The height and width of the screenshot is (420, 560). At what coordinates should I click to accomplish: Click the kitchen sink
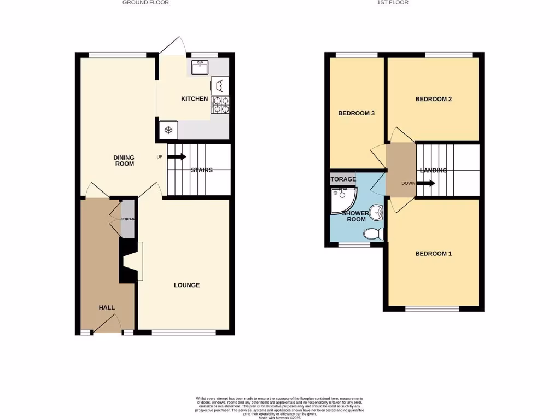tap(199, 67)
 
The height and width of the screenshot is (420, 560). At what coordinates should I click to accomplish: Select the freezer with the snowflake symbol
tap(168, 130)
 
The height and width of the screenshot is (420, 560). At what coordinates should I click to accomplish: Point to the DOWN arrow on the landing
tap(425, 183)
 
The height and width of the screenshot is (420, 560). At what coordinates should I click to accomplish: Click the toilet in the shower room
tap(374, 234)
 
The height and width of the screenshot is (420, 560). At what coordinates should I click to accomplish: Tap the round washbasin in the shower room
tap(376, 211)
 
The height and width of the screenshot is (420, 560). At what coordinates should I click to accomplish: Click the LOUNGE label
tap(186, 285)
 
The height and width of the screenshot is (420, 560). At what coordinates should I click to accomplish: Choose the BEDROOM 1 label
tap(433, 254)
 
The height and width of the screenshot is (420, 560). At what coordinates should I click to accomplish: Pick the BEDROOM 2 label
tap(433, 99)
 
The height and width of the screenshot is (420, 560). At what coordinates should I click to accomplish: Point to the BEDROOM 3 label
tap(356, 113)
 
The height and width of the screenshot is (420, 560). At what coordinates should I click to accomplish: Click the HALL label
tap(107, 307)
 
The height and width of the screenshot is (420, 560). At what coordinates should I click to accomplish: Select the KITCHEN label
tap(194, 99)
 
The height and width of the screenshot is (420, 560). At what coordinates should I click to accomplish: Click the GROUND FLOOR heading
tap(145, 3)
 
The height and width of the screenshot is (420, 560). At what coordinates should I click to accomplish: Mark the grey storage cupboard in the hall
tap(127, 219)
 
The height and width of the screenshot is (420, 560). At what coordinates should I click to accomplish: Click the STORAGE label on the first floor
tap(343, 179)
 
